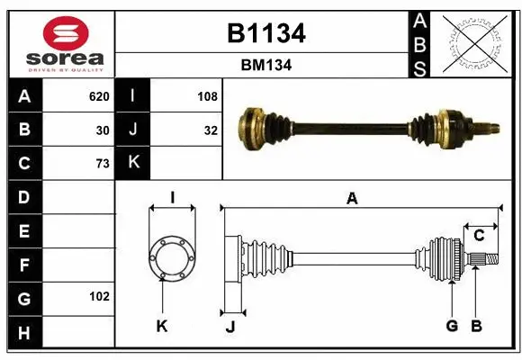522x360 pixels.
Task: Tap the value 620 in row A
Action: (98, 96)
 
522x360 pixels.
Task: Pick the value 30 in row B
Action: (103, 130)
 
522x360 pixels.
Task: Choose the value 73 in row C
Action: (103, 164)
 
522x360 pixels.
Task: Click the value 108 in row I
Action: (207, 96)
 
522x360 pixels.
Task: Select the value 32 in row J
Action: (211, 130)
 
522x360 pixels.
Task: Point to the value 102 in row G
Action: (99, 296)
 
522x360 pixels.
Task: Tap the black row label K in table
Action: (132, 164)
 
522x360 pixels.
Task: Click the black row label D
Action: (23, 197)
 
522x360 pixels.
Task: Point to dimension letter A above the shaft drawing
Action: (352, 200)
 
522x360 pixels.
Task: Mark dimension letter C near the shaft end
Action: (480, 236)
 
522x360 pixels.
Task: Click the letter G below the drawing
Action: (453, 326)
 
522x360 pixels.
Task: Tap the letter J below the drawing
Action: (229, 327)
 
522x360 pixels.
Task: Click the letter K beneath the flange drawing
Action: (161, 326)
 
